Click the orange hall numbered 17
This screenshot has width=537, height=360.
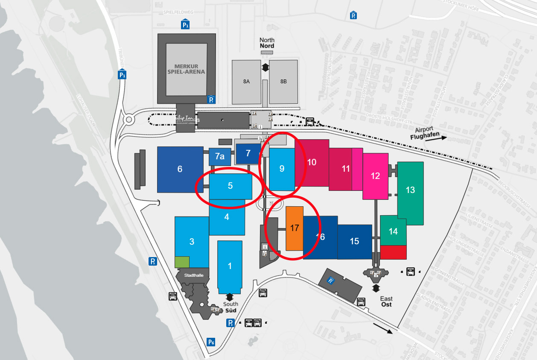[295, 228]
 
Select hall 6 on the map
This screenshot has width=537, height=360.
[180, 169]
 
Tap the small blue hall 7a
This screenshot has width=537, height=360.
[219, 157]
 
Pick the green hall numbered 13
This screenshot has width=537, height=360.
[410, 190]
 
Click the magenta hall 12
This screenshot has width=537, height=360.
[375, 176]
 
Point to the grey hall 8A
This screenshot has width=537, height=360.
[246, 81]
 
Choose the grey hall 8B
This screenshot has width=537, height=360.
[283, 81]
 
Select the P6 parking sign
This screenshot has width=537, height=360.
[211, 342]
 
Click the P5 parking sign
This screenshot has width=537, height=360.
[152, 261]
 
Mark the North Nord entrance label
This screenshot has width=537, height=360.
[267, 43]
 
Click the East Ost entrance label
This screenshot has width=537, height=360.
[386, 301]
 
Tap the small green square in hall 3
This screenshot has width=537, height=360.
[182, 262]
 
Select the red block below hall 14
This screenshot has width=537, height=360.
[393, 252]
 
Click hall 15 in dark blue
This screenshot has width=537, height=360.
[354, 241]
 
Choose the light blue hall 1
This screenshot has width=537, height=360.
[230, 266]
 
